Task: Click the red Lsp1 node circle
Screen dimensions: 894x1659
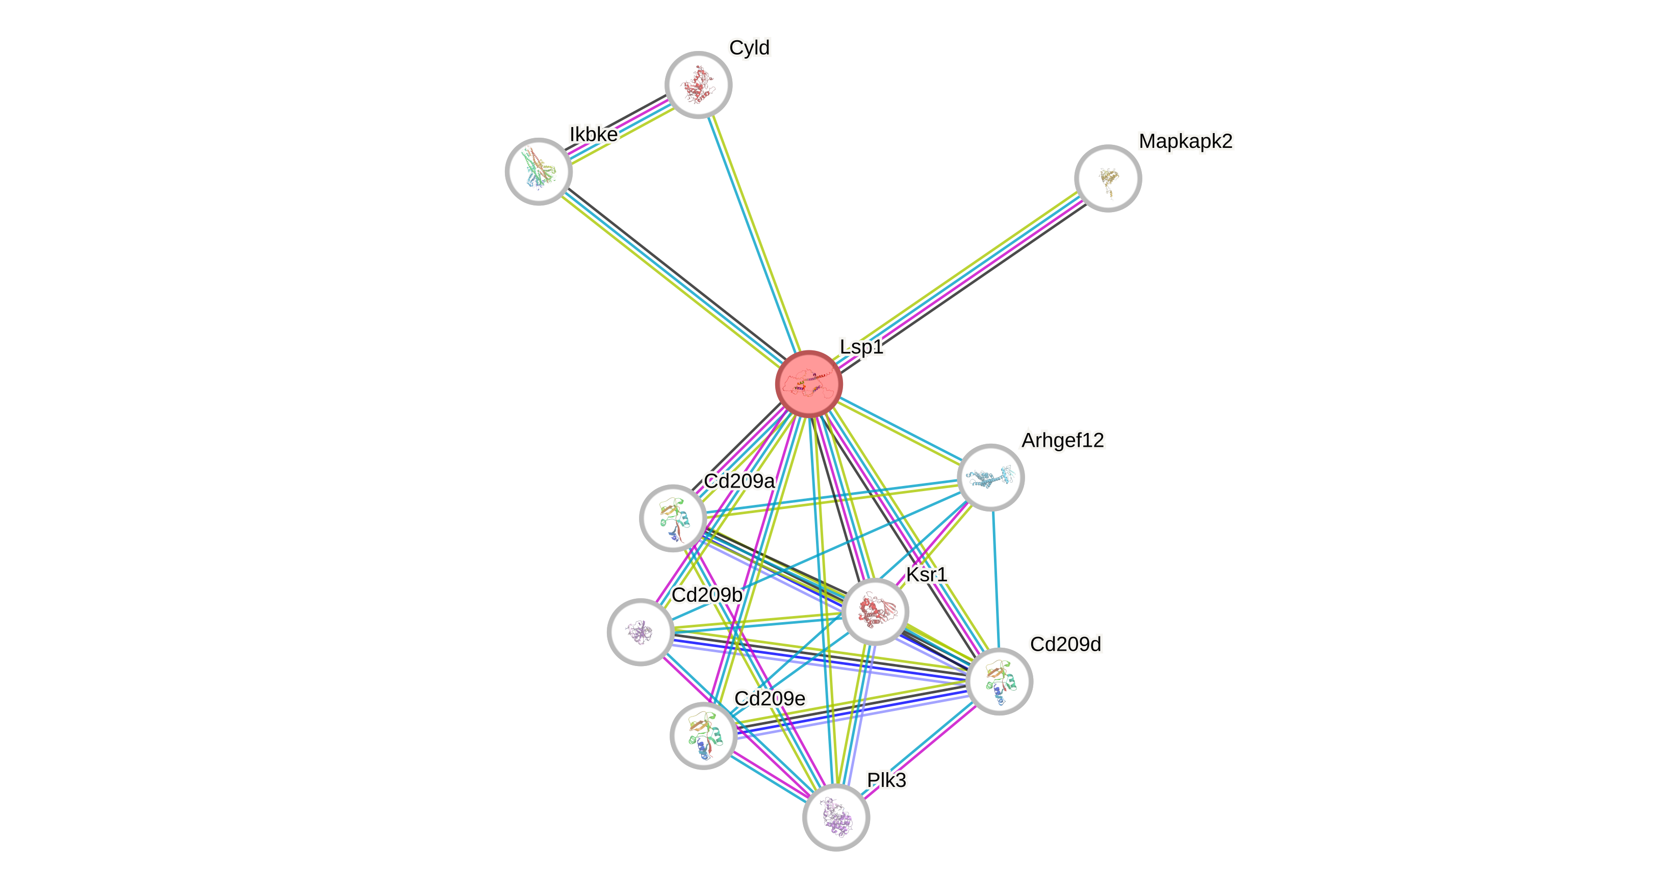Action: click(x=809, y=384)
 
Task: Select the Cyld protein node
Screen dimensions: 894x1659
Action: click(x=698, y=84)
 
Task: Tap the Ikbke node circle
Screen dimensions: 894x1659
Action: click(x=539, y=171)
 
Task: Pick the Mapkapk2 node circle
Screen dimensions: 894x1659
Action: click(x=1108, y=178)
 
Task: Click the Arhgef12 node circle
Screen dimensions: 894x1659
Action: click(x=990, y=477)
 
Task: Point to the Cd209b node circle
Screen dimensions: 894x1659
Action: click(x=640, y=632)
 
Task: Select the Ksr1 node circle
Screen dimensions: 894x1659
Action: click(x=875, y=611)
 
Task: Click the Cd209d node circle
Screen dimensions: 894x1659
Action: click(x=999, y=681)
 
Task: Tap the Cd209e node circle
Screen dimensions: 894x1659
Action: click(x=703, y=735)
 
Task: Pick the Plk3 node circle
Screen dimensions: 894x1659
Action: click(x=836, y=818)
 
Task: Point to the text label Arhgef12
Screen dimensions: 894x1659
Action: click(x=1063, y=441)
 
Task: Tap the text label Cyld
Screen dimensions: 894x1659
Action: click(x=749, y=47)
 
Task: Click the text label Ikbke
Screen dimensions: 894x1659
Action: click(x=593, y=135)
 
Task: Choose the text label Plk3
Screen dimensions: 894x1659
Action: click(x=886, y=780)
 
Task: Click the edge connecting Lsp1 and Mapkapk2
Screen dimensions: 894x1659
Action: click(x=960, y=280)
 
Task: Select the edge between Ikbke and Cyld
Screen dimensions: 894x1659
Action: click(x=618, y=127)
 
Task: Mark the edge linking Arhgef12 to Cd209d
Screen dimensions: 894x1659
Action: click(x=995, y=580)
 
